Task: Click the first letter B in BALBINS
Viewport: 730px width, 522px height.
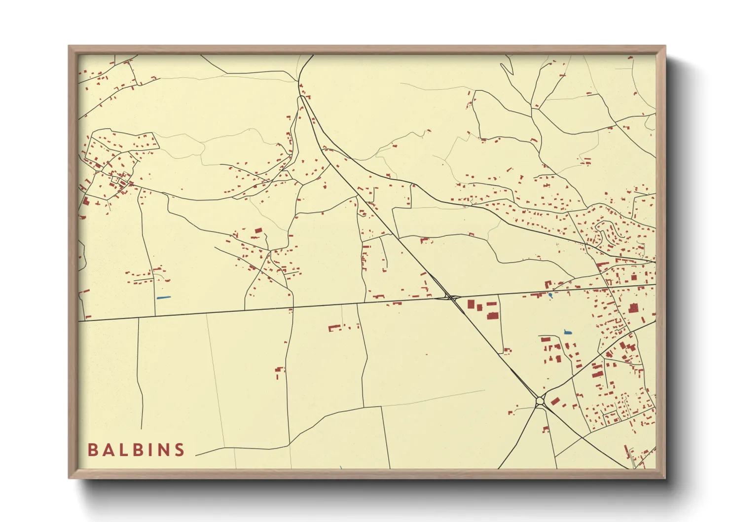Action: point(92,449)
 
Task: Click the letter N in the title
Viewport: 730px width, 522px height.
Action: point(163,449)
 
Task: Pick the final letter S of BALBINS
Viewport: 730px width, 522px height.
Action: point(180,449)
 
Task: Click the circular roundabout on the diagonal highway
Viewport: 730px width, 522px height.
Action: point(540,402)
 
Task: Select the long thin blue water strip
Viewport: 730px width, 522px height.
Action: point(163,297)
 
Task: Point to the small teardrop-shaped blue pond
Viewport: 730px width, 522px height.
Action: point(550,295)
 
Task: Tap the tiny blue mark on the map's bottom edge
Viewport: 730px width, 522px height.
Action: point(340,467)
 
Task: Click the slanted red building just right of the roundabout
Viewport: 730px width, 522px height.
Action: point(555,401)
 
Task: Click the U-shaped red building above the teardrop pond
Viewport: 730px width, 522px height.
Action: point(547,284)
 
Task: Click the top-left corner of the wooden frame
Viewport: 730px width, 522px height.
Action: point(69,46)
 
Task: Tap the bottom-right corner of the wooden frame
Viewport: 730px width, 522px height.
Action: point(665,478)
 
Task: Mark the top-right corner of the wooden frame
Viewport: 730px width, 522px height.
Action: point(665,46)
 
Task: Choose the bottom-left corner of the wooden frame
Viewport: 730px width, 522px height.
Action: point(69,478)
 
